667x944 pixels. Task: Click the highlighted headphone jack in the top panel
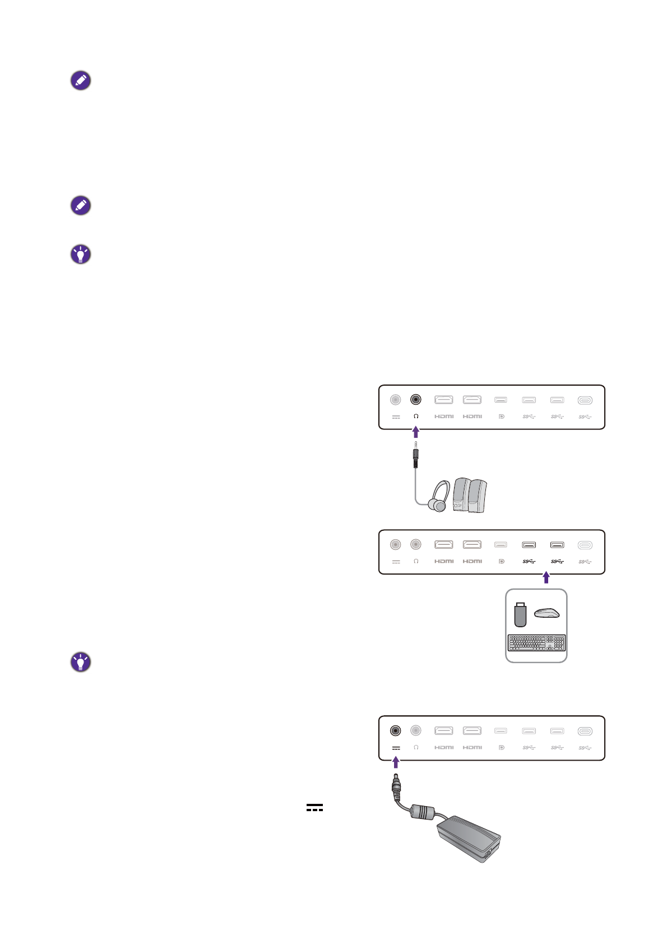[x=415, y=400]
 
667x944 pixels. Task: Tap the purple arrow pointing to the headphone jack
[x=415, y=432]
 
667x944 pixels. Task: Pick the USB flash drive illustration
[x=520, y=614]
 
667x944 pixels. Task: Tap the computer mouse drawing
[x=546, y=613]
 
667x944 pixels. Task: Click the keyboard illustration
[x=536, y=642]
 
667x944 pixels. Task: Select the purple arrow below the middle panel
[x=546, y=577]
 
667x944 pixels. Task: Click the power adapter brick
[x=469, y=839]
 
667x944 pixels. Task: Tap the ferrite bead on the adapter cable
[x=423, y=812]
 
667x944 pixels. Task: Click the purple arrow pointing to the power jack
[x=396, y=762]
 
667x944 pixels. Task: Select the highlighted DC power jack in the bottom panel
[x=396, y=730]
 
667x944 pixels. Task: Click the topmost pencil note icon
[x=81, y=81]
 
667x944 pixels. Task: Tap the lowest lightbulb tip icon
[x=81, y=662]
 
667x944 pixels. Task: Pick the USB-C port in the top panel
[x=585, y=400]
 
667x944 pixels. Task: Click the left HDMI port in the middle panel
[x=443, y=544]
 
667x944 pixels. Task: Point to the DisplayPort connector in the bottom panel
[x=501, y=731]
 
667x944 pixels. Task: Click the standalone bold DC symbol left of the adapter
[x=314, y=808]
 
